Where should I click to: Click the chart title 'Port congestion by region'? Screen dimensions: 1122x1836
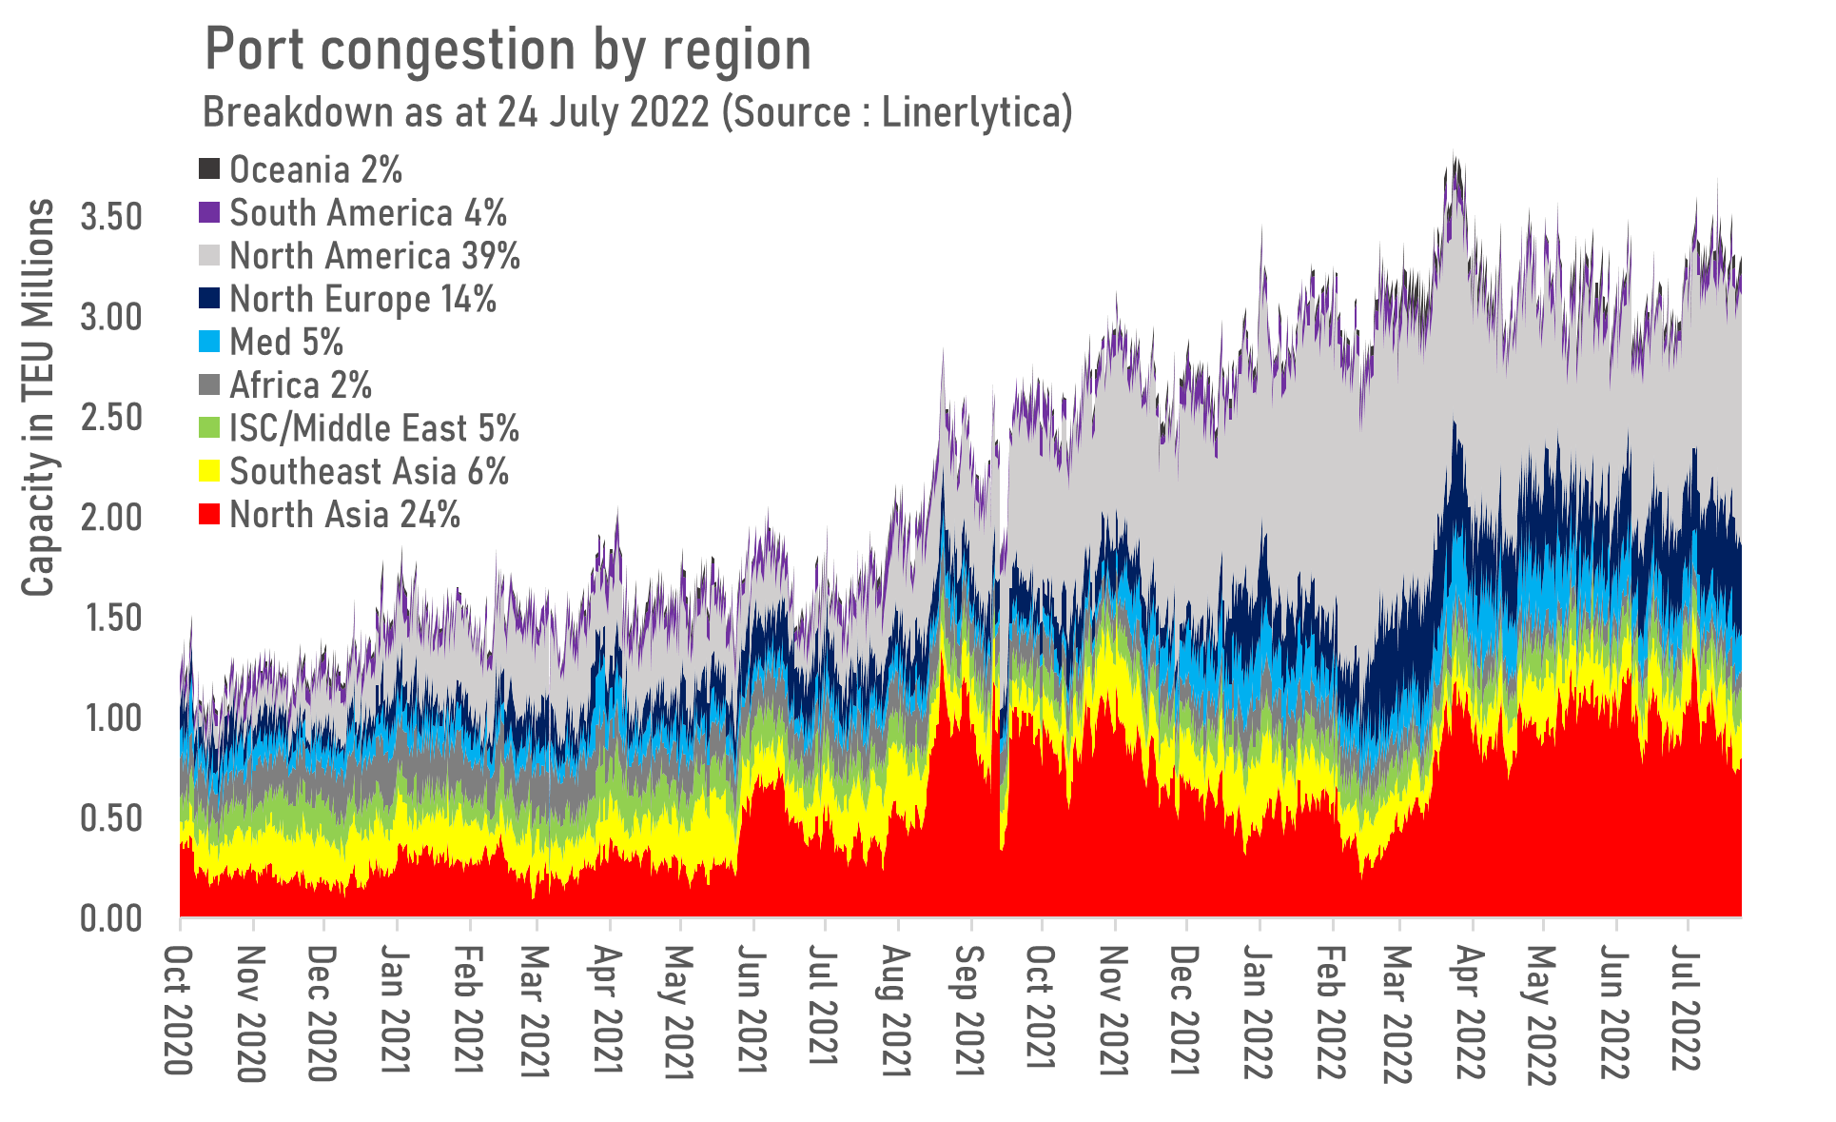pyautogui.click(x=507, y=50)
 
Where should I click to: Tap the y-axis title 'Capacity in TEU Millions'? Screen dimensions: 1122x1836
pyautogui.click(x=38, y=397)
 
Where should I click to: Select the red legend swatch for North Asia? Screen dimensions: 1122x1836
pyautogui.click(x=209, y=515)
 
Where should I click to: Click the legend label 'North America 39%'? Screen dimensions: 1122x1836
pyautogui.click(x=375, y=256)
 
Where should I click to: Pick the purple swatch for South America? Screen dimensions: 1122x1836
pyautogui.click(x=209, y=212)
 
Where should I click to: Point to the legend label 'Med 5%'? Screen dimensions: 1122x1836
pyautogui.click(x=286, y=342)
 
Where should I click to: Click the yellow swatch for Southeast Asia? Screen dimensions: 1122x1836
pyautogui.click(x=209, y=471)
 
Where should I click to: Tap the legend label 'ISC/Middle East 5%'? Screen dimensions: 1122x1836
pyautogui.click(x=374, y=428)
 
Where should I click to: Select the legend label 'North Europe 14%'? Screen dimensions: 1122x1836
pyautogui.click(x=362, y=299)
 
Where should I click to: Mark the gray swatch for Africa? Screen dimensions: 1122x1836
pyautogui.click(x=209, y=385)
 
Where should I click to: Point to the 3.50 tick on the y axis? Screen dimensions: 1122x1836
pyautogui.click(x=111, y=217)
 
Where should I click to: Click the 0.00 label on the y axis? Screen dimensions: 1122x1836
pyautogui.click(x=111, y=918)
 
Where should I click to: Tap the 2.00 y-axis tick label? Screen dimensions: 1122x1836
pyautogui.click(x=111, y=518)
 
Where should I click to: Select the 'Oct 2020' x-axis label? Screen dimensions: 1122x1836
pyautogui.click(x=179, y=1009)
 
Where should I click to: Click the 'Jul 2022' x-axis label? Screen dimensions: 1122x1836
pyautogui.click(x=1687, y=1007)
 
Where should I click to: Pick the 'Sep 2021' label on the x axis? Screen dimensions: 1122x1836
pyautogui.click(x=969, y=1011)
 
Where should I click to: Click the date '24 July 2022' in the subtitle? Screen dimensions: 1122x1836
pyautogui.click(x=603, y=112)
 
